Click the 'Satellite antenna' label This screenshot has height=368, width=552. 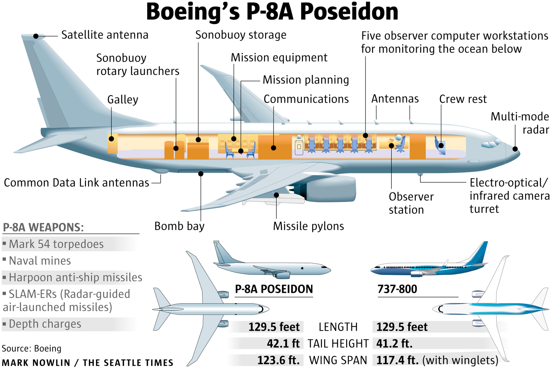pos(105,35)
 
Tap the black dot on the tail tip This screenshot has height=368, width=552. pos(36,36)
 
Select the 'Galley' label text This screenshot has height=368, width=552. pos(122,99)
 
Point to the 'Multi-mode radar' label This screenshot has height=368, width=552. pos(520,123)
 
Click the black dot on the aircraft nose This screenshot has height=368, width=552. pos(515,149)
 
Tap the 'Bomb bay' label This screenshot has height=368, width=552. pos(179,226)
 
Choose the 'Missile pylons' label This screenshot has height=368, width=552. pos(308,226)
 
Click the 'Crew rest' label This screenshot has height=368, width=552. pos(463,99)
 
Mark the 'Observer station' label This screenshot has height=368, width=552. pos(411,203)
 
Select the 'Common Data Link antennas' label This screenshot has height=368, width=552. pos(76,183)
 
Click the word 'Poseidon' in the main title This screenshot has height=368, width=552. pos(349,12)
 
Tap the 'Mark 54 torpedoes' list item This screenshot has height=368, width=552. pos(56,244)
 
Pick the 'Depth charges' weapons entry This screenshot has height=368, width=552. pos(45,324)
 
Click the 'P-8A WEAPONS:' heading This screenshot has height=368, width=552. pos(43,227)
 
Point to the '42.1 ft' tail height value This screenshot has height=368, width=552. pos(283,344)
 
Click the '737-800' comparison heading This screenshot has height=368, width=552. pos(397,289)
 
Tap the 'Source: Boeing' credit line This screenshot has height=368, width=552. pos(31,349)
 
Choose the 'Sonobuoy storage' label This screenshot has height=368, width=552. pos(241,35)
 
